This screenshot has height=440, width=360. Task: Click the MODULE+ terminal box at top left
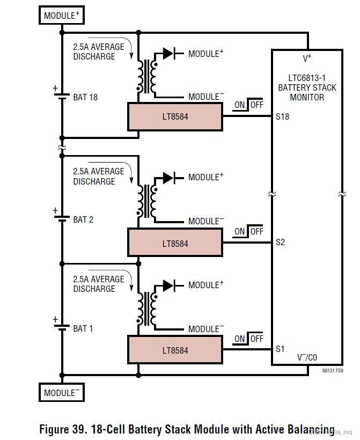62,16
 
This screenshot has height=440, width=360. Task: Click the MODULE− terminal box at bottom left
62,393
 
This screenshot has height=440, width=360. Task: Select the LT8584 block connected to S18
175,116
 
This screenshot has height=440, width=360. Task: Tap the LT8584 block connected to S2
175,243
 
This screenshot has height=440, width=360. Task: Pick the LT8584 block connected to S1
175,350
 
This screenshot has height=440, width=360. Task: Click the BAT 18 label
85,98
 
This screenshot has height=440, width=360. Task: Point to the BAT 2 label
83,220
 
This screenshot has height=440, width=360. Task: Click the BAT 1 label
83,328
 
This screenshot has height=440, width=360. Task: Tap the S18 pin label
282,116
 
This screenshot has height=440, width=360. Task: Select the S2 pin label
280,243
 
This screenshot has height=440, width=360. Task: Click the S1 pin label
280,349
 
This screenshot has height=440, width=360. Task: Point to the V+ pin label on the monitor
307,58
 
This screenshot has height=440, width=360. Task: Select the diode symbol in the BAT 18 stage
169,53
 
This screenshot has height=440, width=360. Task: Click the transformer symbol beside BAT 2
147,201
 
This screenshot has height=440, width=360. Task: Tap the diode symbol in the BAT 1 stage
169,285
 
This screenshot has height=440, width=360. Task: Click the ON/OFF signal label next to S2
249,231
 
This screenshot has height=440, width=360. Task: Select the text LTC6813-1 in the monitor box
307,78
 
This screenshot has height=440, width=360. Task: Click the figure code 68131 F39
333,371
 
